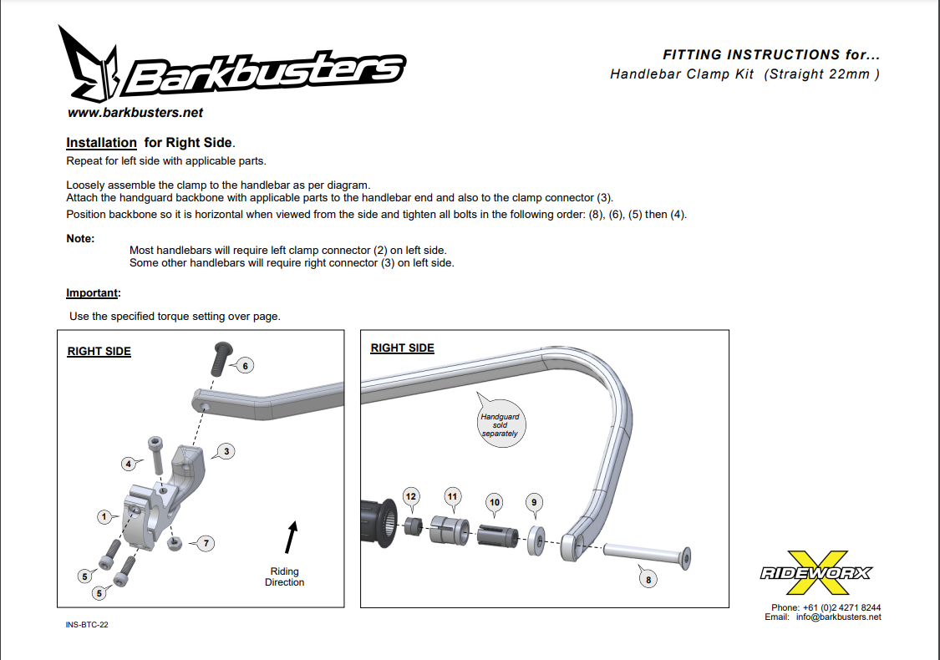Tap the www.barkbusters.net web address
(135, 113)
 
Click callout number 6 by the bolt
(245, 366)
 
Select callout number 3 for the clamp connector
(226, 451)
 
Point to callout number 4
(129, 464)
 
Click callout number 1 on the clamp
(104, 517)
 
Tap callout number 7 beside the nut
(206, 543)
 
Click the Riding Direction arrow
(292, 537)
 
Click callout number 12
(410, 496)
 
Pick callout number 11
(452, 496)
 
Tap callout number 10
(495, 502)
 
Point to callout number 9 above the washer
(534, 502)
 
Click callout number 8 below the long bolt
(648, 580)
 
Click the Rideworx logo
(816, 572)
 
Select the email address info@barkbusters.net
(839, 617)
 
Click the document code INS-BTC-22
(87, 625)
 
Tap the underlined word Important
(92, 293)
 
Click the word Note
(79, 239)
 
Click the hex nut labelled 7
(175, 543)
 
